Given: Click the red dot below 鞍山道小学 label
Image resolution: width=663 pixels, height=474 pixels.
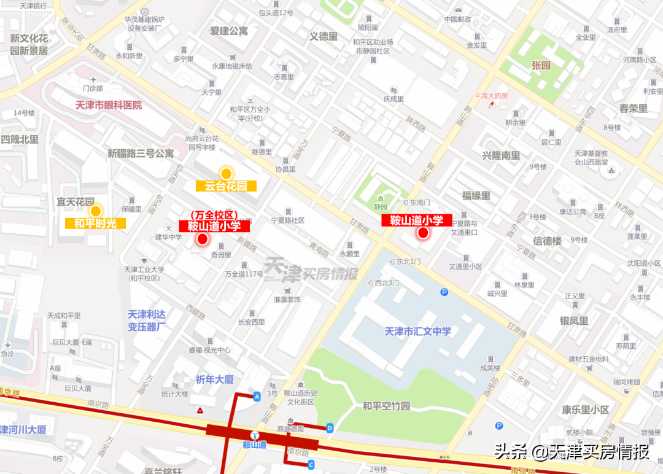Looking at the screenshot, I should [422, 233].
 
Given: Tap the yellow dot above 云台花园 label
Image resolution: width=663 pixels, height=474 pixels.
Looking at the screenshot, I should [226, 174].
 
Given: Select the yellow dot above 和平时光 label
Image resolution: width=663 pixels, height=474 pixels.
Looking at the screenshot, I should [95, 211].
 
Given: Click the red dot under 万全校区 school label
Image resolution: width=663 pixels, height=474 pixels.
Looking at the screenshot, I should [203, 239].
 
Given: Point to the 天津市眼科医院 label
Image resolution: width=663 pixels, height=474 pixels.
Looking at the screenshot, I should [109, 105].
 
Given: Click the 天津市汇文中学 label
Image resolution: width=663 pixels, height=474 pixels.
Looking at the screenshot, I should [417, 331].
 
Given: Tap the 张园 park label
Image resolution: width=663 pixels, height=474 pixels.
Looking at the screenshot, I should [540, 65].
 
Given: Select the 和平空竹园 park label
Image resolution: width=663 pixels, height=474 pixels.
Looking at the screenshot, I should [386, 406].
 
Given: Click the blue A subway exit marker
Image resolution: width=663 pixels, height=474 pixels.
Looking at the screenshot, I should [257, 397].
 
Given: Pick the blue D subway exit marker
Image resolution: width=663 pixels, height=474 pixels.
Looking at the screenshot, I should [330, 427].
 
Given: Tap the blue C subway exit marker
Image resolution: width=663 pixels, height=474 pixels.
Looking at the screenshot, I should [311, 464].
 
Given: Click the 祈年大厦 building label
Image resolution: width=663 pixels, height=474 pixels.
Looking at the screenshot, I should [215, 379].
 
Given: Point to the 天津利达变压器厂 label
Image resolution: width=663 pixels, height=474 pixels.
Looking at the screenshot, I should [147, 320].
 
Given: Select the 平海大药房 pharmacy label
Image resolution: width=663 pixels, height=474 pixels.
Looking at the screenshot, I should [491, 96].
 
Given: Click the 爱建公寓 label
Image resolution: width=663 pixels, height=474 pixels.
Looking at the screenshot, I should [228, 31].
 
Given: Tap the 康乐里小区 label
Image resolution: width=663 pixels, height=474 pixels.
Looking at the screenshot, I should [585, 410].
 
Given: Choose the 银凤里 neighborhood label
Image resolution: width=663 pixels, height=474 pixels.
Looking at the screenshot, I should [573, 321].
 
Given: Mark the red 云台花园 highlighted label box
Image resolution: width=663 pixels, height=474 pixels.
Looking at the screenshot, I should [226, 186].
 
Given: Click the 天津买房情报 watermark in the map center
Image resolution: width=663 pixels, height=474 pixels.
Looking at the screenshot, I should [311, 271].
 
